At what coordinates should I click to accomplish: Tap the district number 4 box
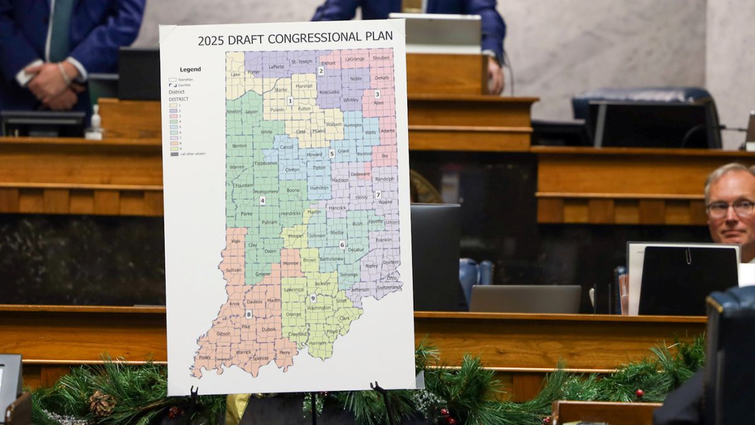262,200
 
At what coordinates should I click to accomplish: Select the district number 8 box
249,314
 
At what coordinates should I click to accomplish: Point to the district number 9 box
313,297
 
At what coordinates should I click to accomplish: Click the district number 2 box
320,71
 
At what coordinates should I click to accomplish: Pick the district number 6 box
342,244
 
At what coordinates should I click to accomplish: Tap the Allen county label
378,102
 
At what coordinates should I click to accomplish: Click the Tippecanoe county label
265,163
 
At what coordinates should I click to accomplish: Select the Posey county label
204,357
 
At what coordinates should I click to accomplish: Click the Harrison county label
318,343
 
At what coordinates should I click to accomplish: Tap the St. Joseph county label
301,62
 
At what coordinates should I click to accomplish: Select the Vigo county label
235,241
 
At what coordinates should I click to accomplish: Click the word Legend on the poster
190,69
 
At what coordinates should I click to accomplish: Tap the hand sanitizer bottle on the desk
94,123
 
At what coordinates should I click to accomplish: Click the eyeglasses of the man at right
730,208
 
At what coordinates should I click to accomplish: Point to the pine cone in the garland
101,403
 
